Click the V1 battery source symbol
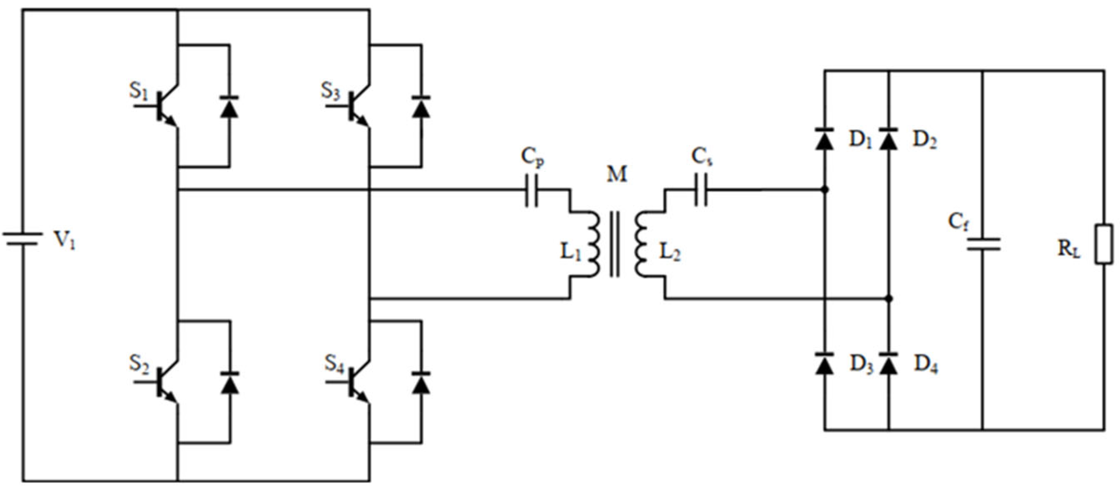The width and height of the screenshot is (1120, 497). point(23,239)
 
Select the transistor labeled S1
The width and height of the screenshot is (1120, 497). point(164,106)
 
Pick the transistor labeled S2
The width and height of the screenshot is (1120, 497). point(164,382)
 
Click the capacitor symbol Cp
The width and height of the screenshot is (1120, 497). point(531,190)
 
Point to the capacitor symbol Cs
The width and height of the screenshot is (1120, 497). point(701,190)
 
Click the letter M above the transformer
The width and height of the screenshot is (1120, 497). point(617,174)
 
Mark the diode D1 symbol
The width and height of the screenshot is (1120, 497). point(824,139)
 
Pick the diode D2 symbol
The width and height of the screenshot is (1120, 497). point(888,139)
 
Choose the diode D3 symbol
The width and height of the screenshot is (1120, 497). point(824,364)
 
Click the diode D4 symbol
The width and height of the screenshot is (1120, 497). point(888,364)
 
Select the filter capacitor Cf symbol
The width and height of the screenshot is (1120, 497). point(983,244)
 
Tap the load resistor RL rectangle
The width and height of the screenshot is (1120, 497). point(1104,244)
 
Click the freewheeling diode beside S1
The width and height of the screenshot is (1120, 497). point(229,107)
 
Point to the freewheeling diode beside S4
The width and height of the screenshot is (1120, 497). point(421,383)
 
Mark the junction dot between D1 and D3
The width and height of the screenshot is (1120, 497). point(825,190)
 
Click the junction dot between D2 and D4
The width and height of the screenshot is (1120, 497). point(889,299)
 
